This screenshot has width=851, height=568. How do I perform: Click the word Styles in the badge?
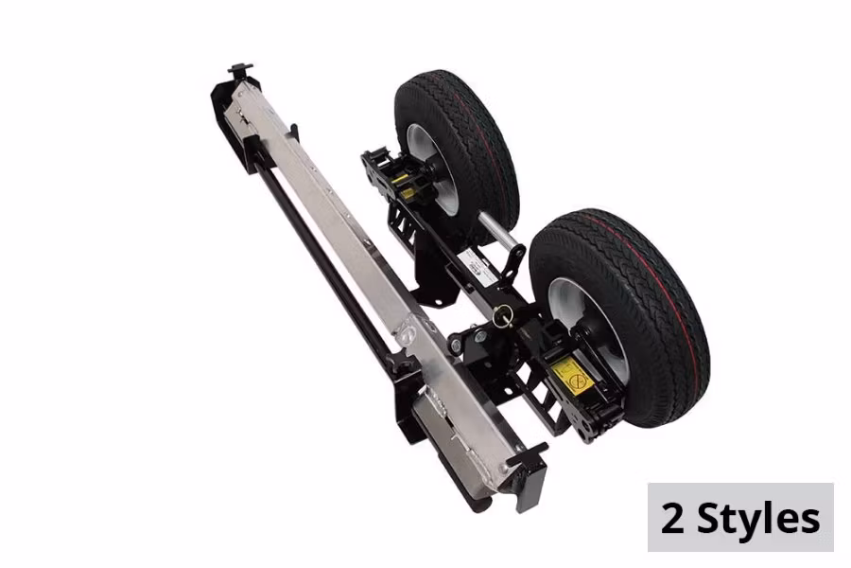[758, 519]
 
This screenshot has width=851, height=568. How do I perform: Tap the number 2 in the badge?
[672, 519]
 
